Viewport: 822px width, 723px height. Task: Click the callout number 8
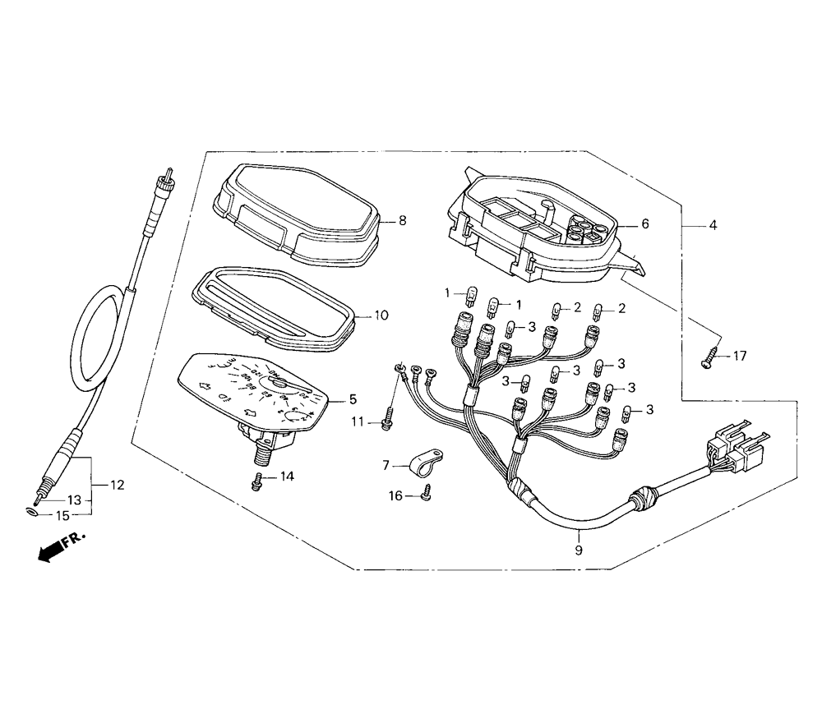[x=403, y=220]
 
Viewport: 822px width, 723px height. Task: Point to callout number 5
[x=353, y=400]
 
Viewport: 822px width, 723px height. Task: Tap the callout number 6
[x=644, y=223]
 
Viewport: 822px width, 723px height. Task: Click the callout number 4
[x=713, y=224]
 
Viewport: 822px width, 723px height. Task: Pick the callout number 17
[x=741, y=356]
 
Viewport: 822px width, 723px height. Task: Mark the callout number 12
[x=117, y=485]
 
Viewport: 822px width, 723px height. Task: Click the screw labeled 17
[x=709, y=358]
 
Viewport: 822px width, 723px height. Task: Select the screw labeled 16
[x=426, y=493]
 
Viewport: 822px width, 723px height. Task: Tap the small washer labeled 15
[x=32, y=512]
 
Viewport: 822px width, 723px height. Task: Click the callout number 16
[x=396, y=495]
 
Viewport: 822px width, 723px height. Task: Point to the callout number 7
[x=386, y=465]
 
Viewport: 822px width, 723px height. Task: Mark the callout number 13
[x=74, y=500]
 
